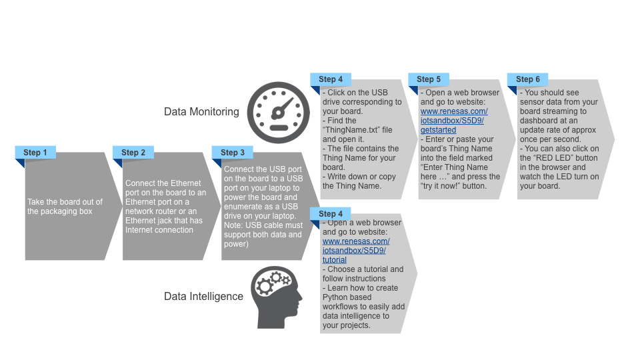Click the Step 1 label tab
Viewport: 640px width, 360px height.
pos(35,153)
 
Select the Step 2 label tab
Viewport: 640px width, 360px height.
pos(133,153)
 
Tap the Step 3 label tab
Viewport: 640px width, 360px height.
pos(232,153)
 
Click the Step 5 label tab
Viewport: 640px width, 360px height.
pos(429,79)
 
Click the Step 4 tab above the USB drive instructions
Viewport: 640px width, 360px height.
pos(331,79)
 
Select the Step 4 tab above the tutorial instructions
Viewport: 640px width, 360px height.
pos(331,214)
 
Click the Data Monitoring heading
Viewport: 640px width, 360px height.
pos(201,112)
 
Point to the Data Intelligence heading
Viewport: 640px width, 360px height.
pos(203,296)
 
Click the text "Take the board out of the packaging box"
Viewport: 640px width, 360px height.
pos(65,207)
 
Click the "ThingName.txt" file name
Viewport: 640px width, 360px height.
pos(354,130)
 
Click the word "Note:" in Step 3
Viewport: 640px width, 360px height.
pos(235,225)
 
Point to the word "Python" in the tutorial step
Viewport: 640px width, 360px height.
pos(337,297)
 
